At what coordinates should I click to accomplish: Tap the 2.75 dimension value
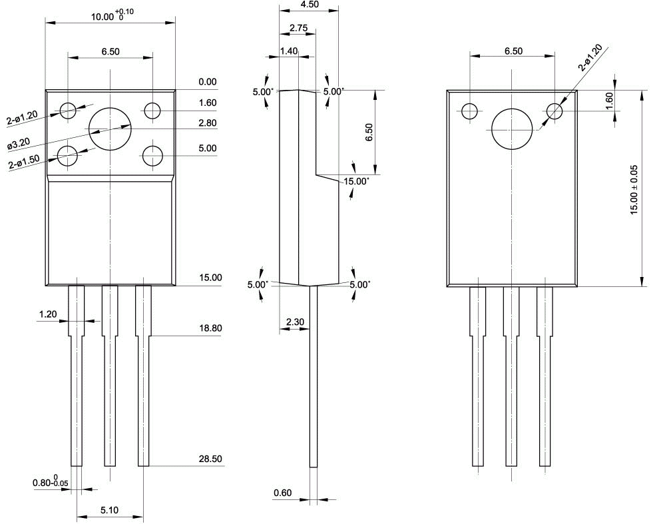[299, 28]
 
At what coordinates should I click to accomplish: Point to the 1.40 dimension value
[289, 51]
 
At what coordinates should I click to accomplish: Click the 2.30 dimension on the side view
[295, 322]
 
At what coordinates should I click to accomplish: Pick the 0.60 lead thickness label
[283, 493]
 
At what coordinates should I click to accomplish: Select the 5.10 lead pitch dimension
[110, 510]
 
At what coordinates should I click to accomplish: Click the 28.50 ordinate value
[210, 459]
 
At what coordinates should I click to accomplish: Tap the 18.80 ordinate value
[210, 329]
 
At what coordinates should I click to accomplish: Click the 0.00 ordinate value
[208, 82]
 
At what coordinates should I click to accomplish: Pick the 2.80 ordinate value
[208, 123]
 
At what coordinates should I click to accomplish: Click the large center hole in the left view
[110, 129]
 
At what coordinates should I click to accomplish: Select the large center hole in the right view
[512, 129]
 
